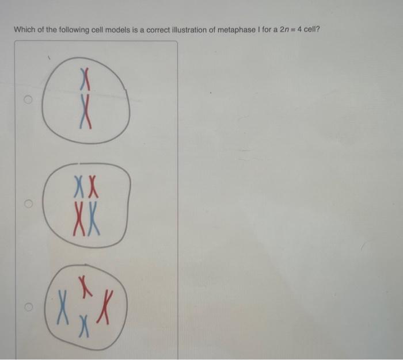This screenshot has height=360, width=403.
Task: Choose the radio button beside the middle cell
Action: (26, 204)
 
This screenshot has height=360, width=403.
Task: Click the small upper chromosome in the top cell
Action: (86, 76)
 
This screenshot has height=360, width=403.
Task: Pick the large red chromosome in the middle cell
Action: (78, 221)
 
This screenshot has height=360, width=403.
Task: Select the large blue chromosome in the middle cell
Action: (94, 221)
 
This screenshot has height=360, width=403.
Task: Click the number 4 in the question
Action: (301, 30)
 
